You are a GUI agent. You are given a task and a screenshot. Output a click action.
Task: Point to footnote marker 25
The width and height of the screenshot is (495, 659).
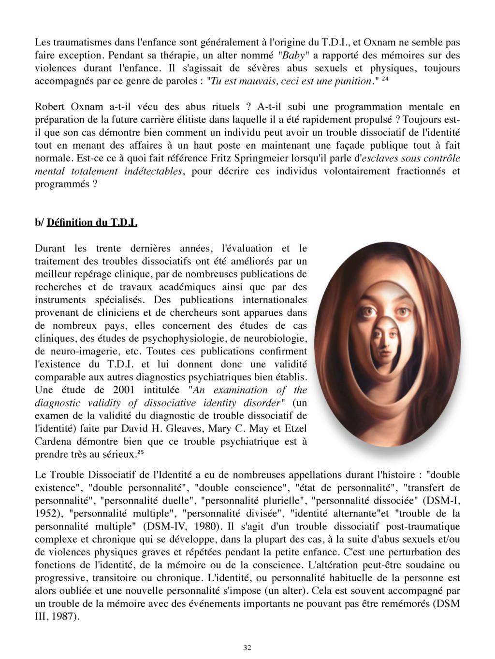pos(140,453)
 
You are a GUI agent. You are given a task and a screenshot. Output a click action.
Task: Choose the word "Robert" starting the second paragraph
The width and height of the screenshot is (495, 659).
pos(50,107)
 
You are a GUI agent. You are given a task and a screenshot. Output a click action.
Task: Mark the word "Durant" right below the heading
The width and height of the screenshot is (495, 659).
pos(51,249)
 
